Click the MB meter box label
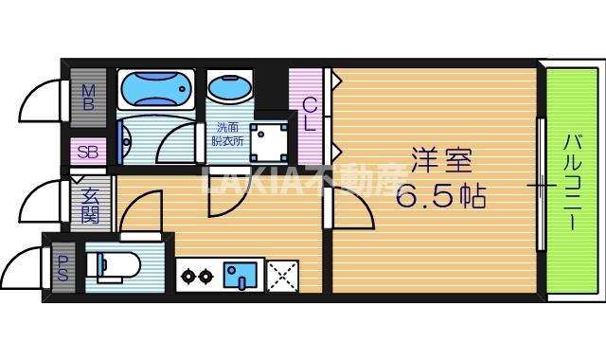pyautogui.click(x=88, y=96)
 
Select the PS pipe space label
pyautogui.click(x=62, y=268)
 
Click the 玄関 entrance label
pyautogui.click(x=90, y=205)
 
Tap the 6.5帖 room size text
pyautogui.click(x=440, y=196)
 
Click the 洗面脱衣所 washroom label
pyautogui.click(x=227, y=135)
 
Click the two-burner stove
pyautogui.click(x=197, y=276)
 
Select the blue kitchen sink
pyautogui.click(x=241, y=275)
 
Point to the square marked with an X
pyautogui.click(x=282, y=276)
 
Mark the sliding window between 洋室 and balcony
pyautogui.click(x=542, y=185)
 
